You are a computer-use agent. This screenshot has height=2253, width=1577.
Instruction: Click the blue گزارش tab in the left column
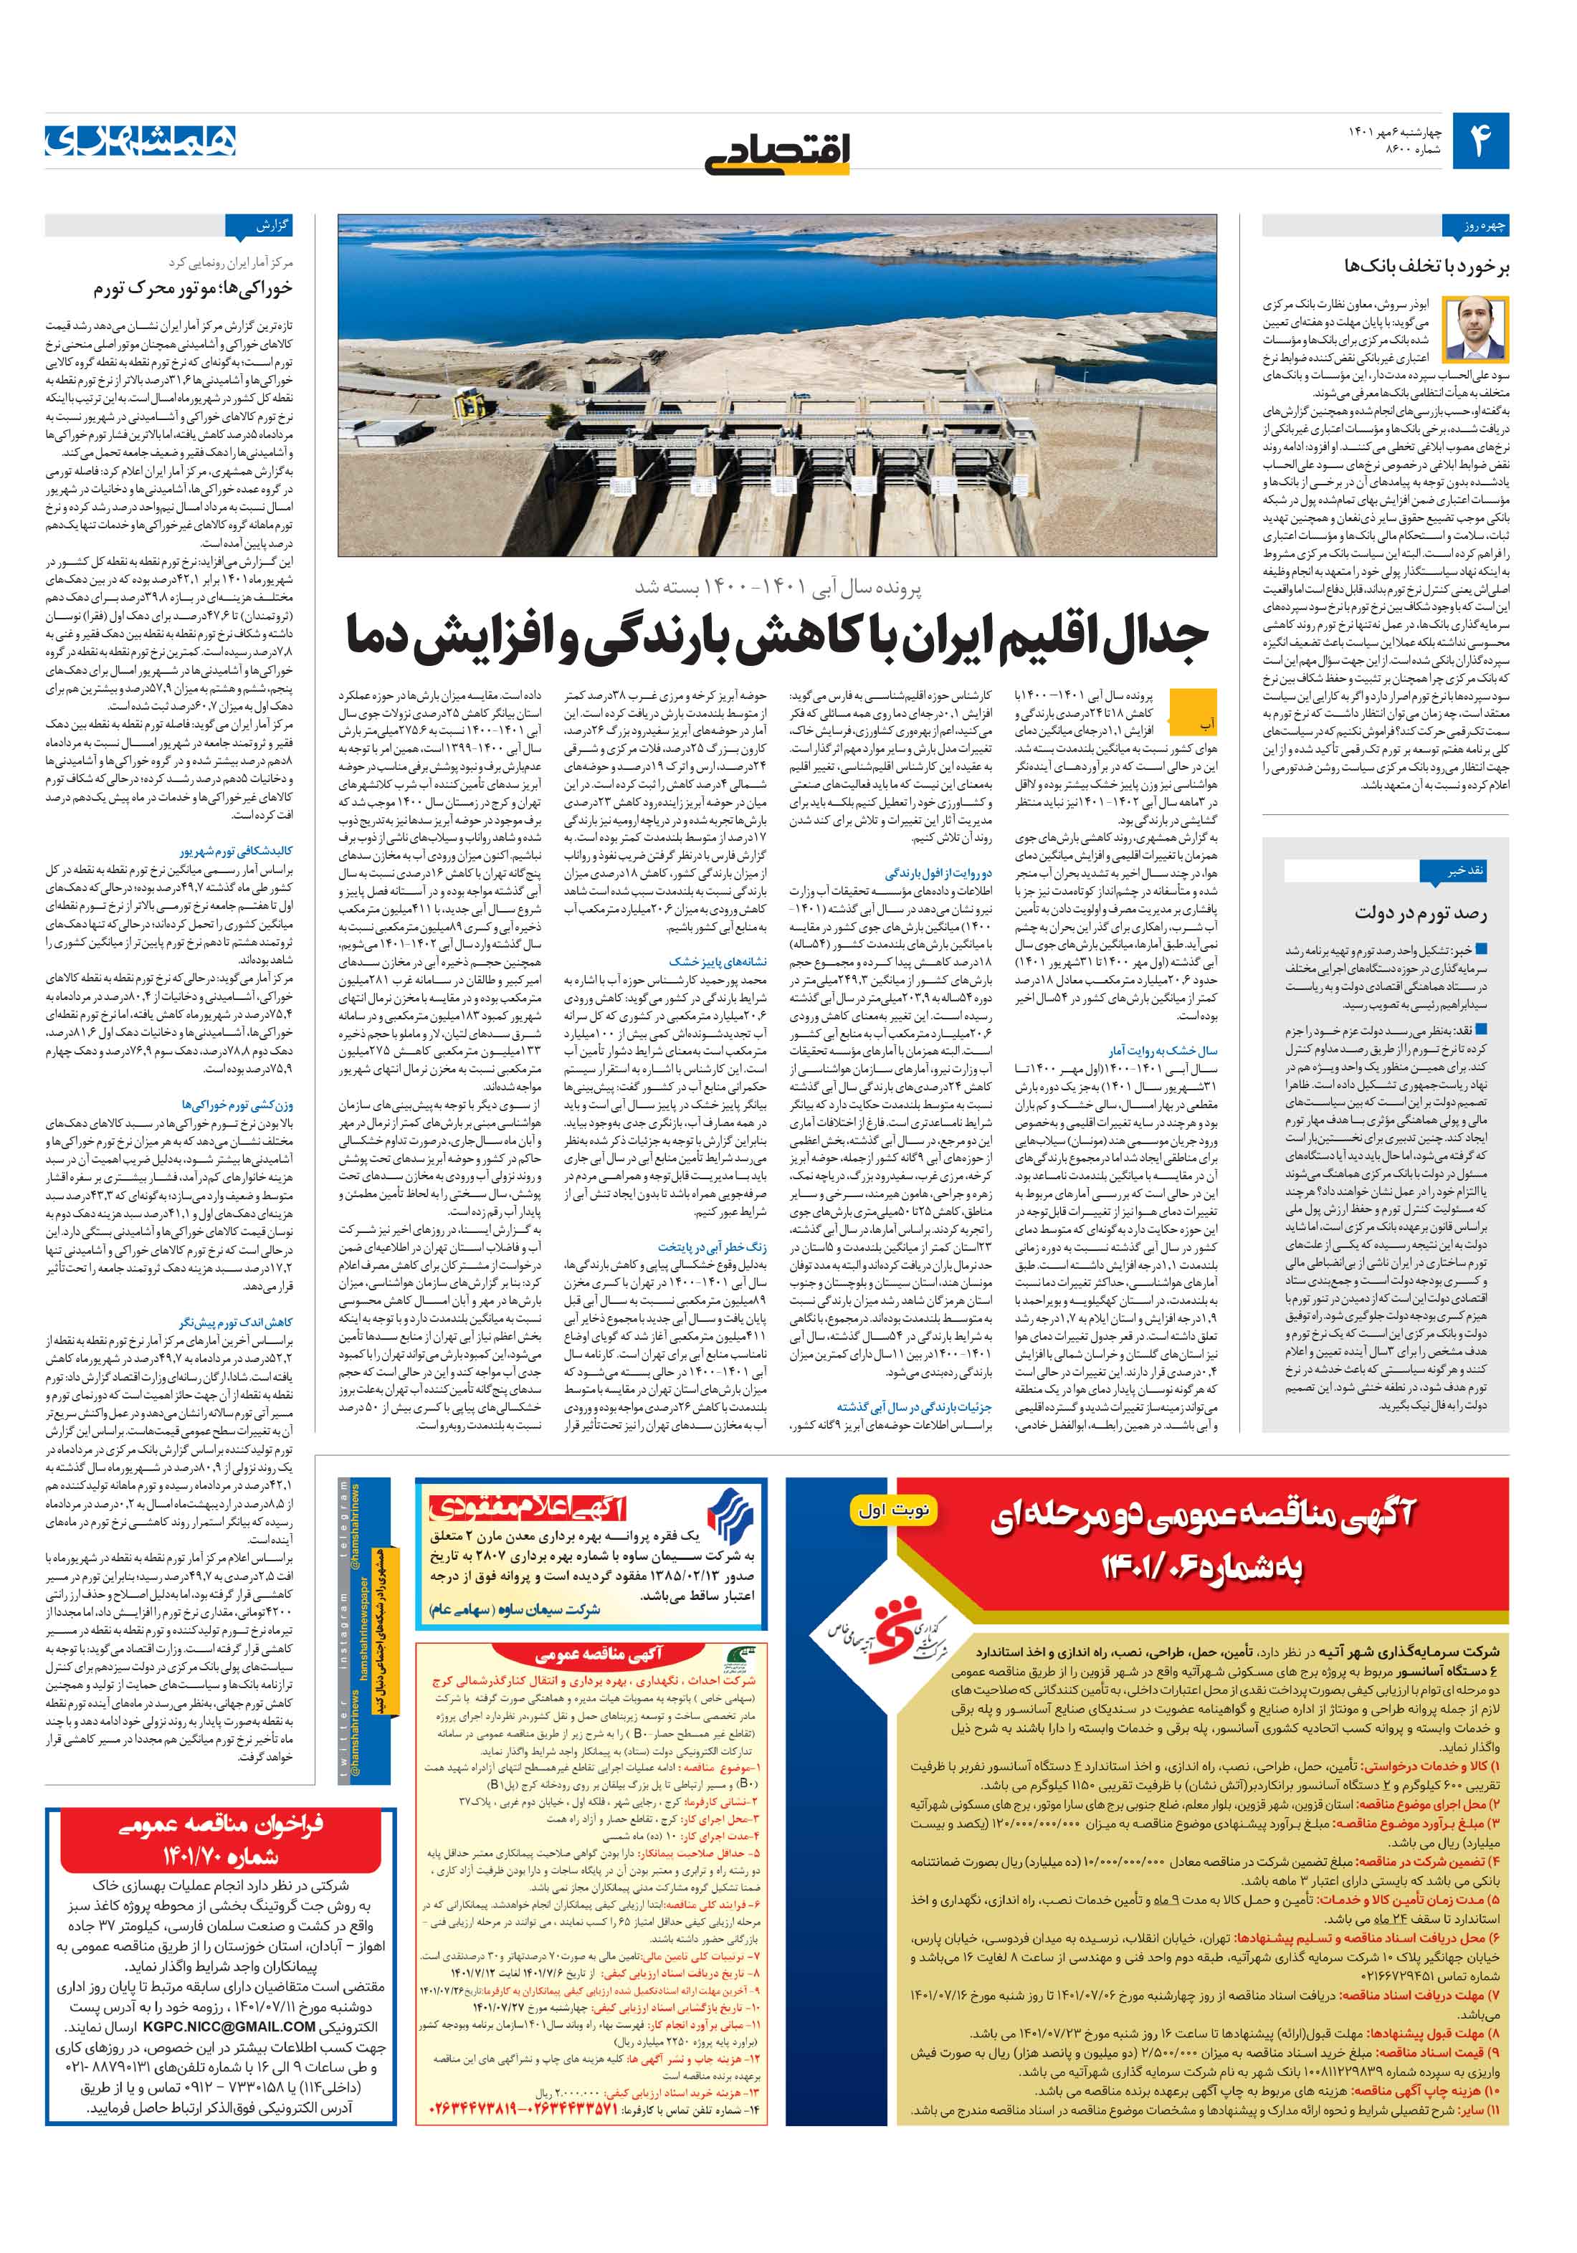[259, 227]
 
